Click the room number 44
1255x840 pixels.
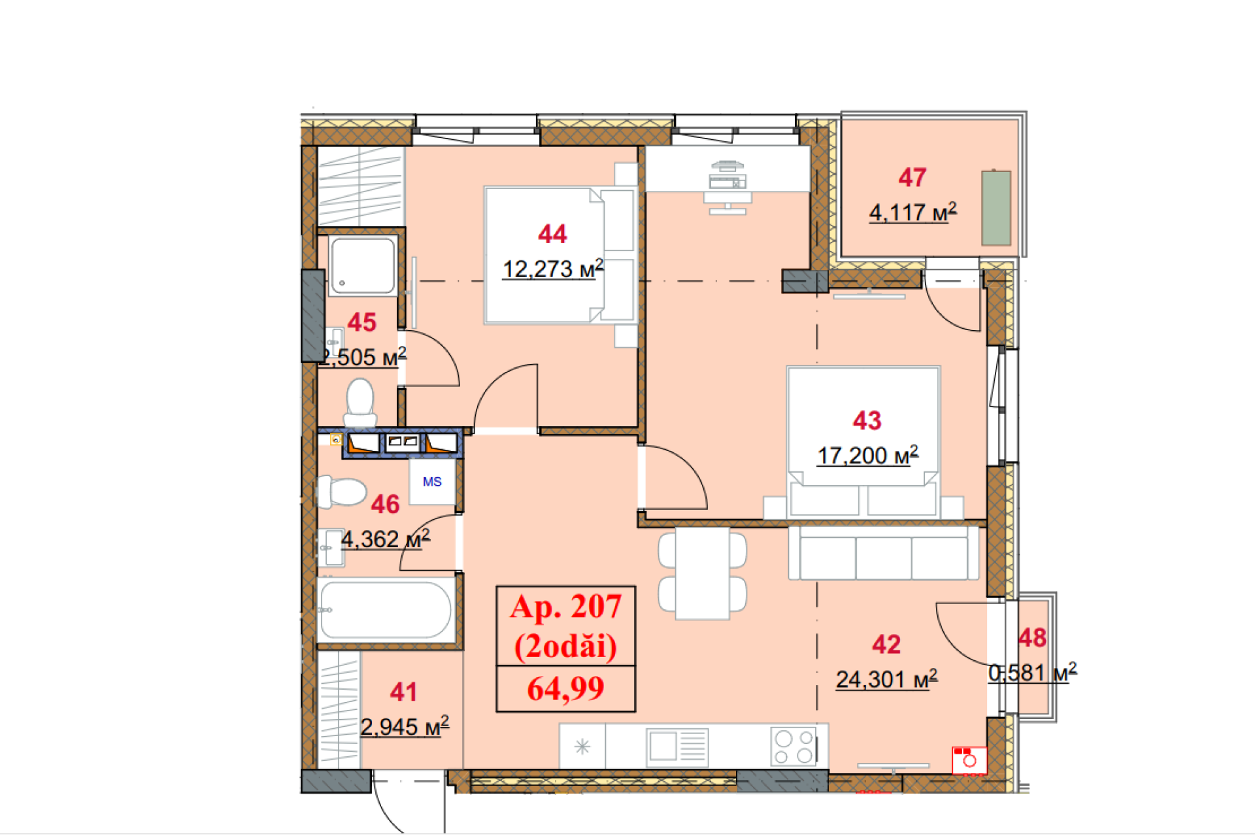click(552, 234)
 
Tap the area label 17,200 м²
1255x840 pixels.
click(867, 456)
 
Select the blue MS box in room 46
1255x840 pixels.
click(432, 482)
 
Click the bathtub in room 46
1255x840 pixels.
click(386, 609)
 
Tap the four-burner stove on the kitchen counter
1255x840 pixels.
click(794, 747)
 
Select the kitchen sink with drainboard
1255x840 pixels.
click(677, 747)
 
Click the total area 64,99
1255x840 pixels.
click(565, 688)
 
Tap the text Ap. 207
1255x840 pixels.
click(565, 607)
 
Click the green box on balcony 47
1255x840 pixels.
click(996, 207)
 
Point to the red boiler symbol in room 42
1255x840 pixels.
click(969, 760)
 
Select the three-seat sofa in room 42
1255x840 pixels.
click(883, 554)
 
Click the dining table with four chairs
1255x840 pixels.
click(703, 573)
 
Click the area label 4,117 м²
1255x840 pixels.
click(912, 212)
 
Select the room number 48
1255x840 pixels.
click(1032, 638)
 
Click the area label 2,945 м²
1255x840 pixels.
click(405, 726)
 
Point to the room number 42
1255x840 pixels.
click(886, 645)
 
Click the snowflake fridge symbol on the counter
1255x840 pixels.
click(582, 747)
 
